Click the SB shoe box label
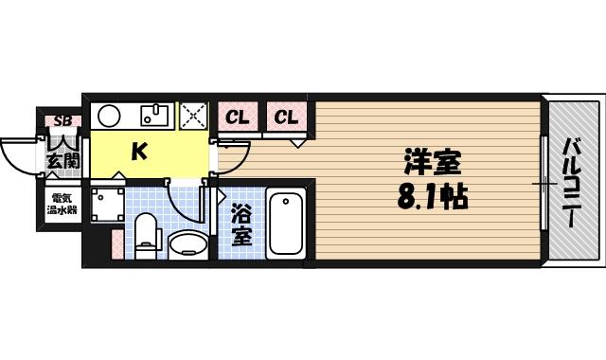pos(62,121)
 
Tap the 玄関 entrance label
pos(62,161)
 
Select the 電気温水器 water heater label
pos(63,205)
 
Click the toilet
pos(145,234)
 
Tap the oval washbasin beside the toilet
pos(187,243)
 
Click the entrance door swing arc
pos(18,154)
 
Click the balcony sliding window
pos(544,180)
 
